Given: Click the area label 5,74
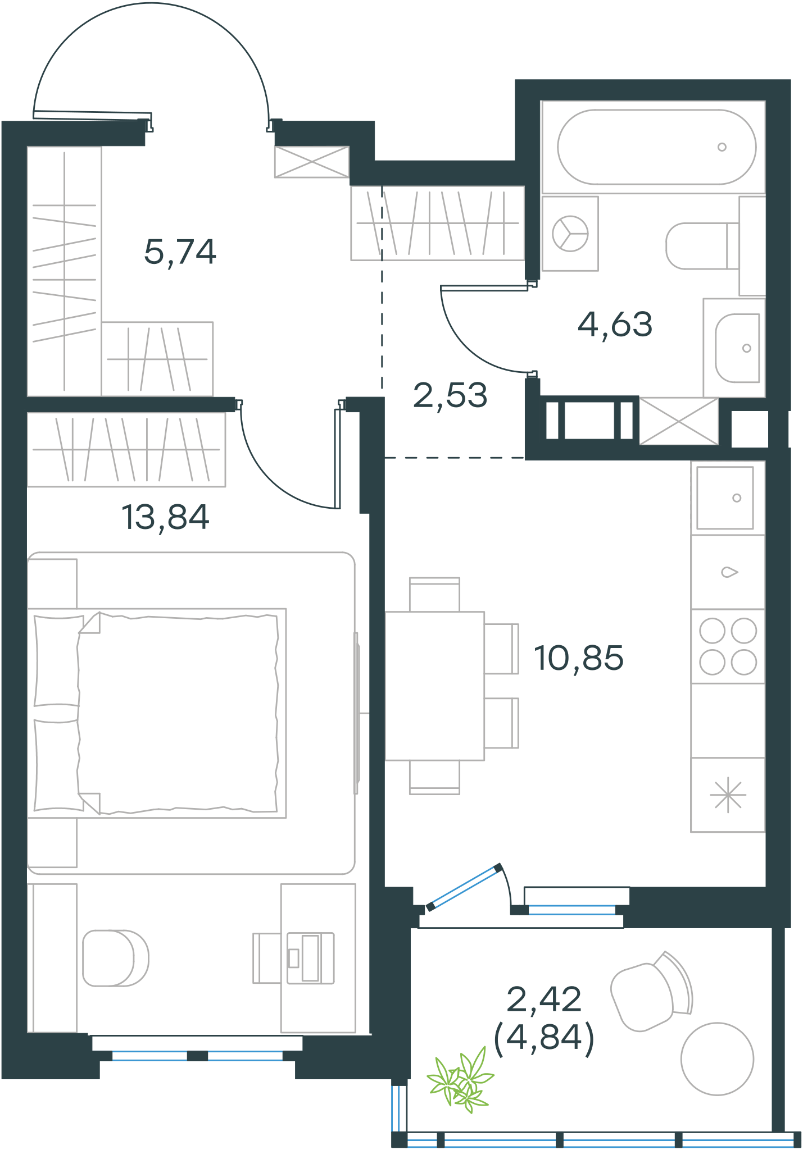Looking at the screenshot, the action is pos(180,252).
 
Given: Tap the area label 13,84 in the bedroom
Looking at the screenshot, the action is pos(165,517).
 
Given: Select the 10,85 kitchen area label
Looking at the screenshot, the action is pos(579,658).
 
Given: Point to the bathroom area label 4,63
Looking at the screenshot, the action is pos(615,325).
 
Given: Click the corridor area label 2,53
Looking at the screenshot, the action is pos(450,395).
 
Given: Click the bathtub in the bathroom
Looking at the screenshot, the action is pos(656,147).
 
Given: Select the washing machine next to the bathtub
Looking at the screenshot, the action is pos(570,234).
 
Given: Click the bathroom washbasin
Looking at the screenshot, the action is pos(737,348).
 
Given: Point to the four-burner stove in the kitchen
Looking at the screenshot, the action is pos(728,646).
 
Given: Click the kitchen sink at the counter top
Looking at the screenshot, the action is pos(725,498).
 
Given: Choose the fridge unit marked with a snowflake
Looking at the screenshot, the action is pos(728,795).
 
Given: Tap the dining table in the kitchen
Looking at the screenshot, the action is pos(434,686).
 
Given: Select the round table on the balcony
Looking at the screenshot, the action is pos(717,1058).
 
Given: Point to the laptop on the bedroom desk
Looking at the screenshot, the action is pos(311,958).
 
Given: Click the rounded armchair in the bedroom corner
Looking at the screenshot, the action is pos(115,958).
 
